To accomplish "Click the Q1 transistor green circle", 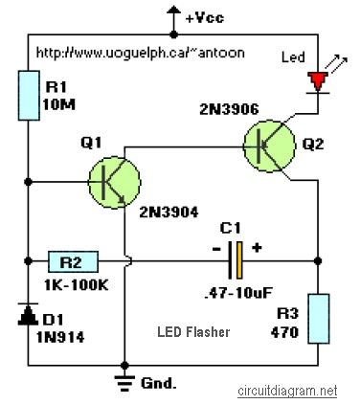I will [114, 180].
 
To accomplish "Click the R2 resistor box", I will [69, 259].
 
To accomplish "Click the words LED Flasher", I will [193, 332].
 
